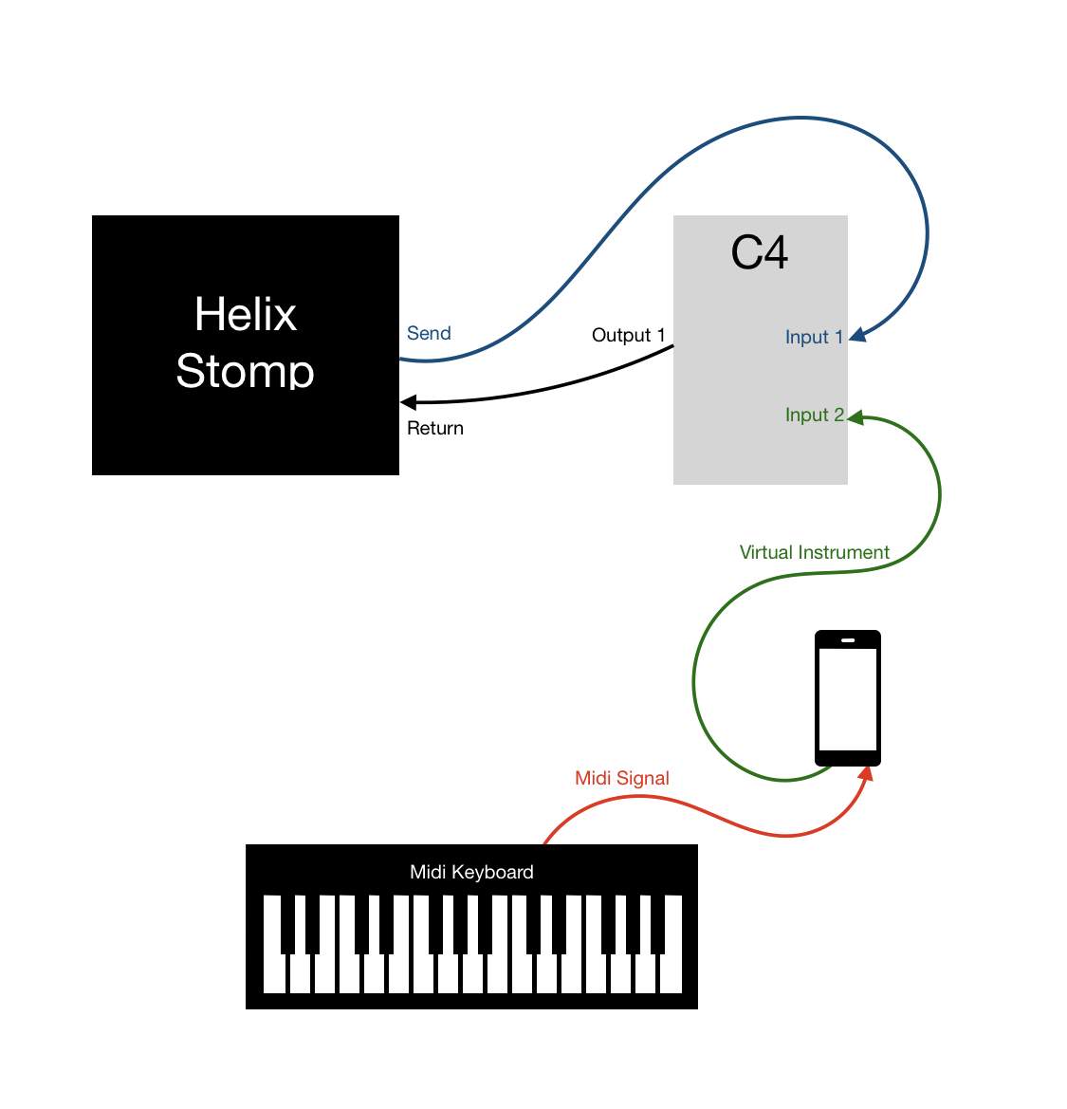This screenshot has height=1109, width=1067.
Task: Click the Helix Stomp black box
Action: pos(246,345)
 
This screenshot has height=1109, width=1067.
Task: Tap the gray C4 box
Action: pos(760,350)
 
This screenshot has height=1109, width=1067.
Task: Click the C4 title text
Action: pos(760,252)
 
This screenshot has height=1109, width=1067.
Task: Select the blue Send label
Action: pos(429,333)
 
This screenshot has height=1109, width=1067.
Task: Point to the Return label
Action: pos(434,428)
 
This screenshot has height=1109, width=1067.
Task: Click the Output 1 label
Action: pos(628,335)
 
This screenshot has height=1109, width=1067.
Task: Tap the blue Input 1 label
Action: pos(814,338)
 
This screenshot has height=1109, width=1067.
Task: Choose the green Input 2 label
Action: pos(815,415)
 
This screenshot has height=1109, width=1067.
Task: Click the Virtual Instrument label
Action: pos(814,552)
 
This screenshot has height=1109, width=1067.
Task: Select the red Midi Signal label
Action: pos(621,778)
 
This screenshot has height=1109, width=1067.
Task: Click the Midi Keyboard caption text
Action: pos(471,872)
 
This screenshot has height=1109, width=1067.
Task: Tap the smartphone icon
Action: pos(848,698)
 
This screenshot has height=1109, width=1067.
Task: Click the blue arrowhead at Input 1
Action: pos(857,335)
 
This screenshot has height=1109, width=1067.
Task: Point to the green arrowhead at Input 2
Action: pos(855,418)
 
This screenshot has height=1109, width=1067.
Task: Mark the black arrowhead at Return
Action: pos(409,402)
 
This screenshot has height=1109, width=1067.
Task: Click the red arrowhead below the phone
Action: pos(867,773)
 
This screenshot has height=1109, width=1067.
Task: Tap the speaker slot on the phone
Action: pos(848,640)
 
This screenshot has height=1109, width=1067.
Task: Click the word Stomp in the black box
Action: pos(246,371)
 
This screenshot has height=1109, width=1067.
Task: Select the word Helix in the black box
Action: pos(246,314)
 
